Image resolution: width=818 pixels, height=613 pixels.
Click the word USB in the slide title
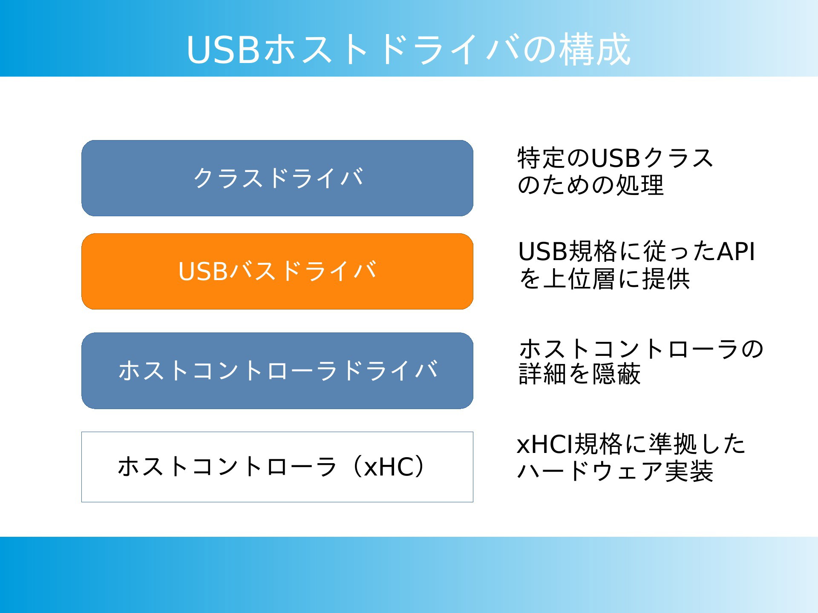tap(223, 50)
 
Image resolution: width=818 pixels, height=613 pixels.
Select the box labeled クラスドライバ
tap(277, 178)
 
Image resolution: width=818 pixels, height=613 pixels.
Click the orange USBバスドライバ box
tap(277, 271)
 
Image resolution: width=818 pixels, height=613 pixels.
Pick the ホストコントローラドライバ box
tap(277, 371)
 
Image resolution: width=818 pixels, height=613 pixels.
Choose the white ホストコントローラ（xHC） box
tap(277, 467)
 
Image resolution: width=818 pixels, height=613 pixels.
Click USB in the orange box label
tap(203, 271)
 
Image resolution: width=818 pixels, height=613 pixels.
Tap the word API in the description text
tap(736, 251)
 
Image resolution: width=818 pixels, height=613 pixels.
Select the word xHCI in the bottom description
tap(545, 444)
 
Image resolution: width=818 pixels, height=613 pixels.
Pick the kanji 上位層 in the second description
tap(580, 279)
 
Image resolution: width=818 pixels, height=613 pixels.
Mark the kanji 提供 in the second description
tap(666, 279)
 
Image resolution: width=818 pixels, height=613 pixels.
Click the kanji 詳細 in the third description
tap(543, 374)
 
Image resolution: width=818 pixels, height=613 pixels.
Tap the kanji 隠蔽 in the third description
tap(616, 374)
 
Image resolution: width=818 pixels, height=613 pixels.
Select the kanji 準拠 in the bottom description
tap(673, 444)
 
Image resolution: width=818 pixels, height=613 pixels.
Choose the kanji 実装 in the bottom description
tap(689, 471)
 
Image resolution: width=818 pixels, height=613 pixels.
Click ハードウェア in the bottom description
tap(590, 471)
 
